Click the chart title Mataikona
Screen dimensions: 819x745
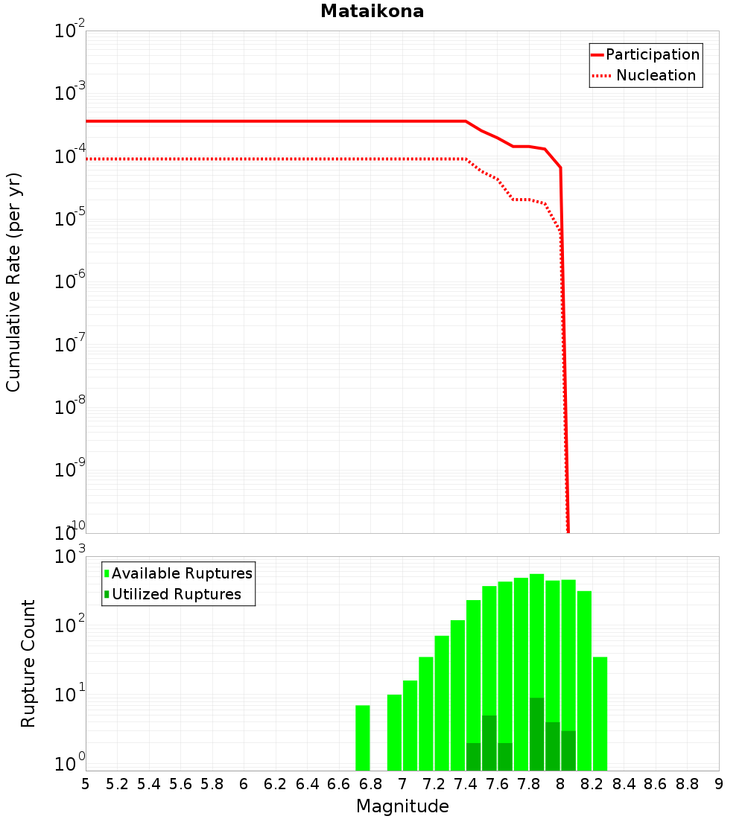click(372, 12)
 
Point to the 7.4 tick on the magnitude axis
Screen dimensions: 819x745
click(466, 784)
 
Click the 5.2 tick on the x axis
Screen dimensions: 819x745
click(118, 784)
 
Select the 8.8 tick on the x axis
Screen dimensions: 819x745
click(687, 784)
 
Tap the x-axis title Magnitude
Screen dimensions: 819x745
click(402, 806)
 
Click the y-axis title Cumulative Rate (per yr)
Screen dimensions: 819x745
click(13, 281)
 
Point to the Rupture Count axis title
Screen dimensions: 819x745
click(28, 663)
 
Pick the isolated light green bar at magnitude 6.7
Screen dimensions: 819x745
click(363, 738)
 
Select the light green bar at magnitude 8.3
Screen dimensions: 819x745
click(600, 713)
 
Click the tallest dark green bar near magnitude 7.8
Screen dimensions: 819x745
click(536, 734)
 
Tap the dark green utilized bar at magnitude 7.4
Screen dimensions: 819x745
click(473, 756)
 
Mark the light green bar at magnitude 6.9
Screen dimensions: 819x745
click(394, 733)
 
